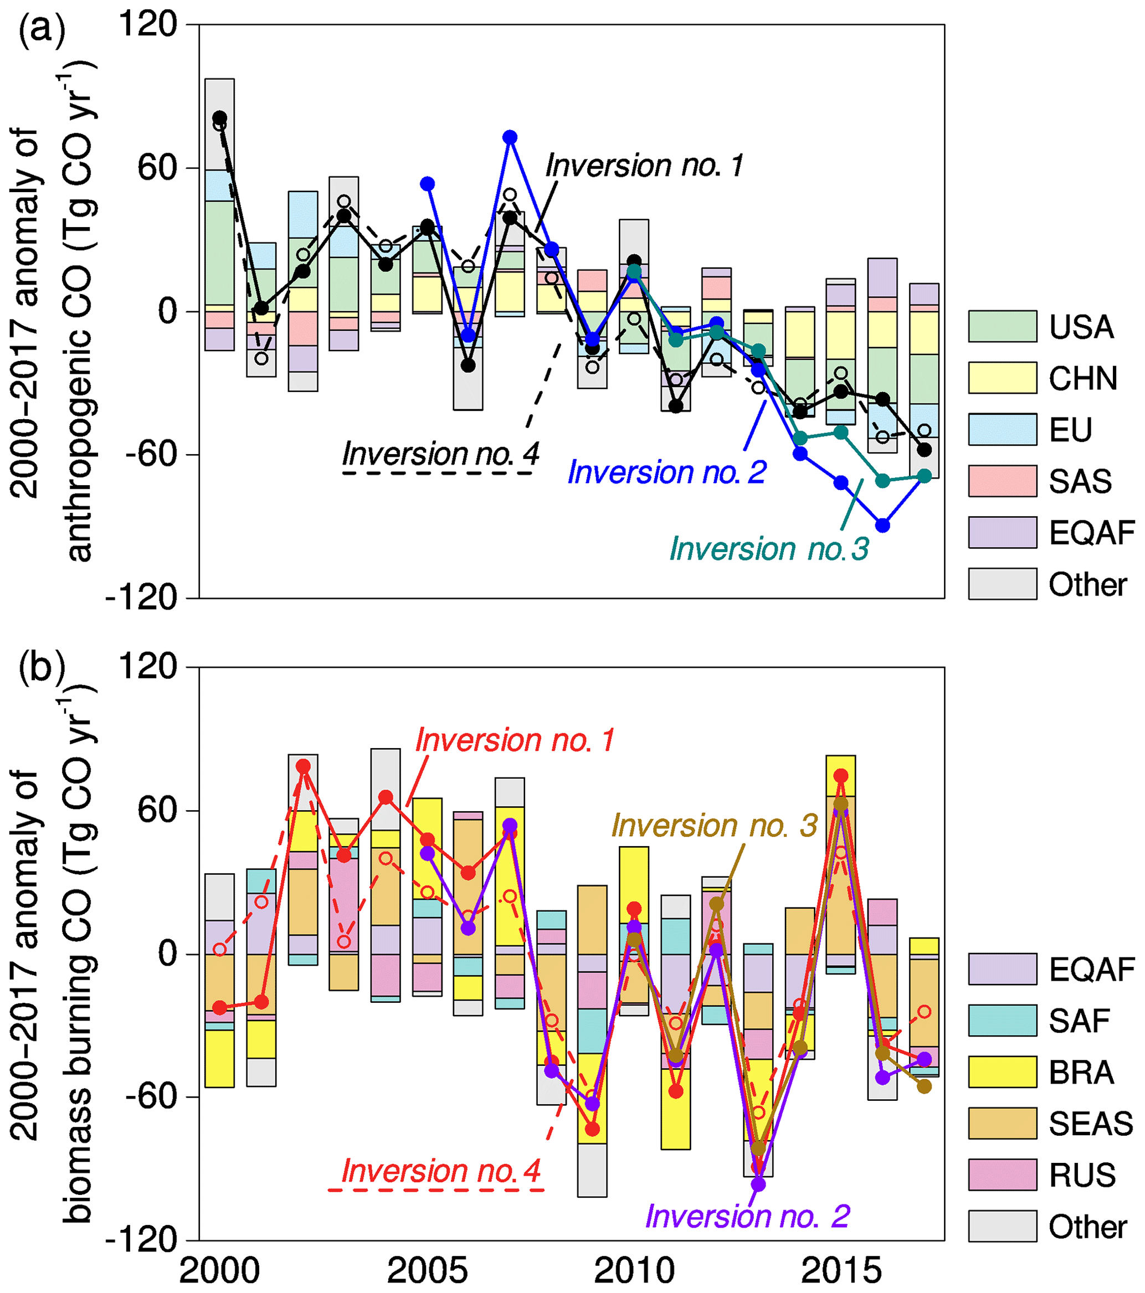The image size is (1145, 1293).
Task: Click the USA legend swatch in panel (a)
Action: click(x=1002, y=326)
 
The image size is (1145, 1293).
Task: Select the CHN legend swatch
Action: click(x=1002, y=378)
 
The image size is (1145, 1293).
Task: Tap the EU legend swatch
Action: click(x=1002, y=430)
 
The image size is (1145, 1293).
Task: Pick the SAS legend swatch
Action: click(x=1002, y=481)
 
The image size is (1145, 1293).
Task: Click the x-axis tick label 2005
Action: click(x=427, y=1270)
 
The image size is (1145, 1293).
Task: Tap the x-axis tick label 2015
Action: click(x=841, y=1270)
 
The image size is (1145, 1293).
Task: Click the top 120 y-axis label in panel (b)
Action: click(x=147, y=667)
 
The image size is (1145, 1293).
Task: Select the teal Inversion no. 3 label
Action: click(x=768, y=548)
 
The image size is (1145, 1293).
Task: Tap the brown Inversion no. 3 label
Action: click(x=714, y=826)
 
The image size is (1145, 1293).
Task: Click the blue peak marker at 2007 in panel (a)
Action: click(x=510, y=137)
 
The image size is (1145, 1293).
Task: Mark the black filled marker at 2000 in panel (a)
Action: click(x=219, y=117)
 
